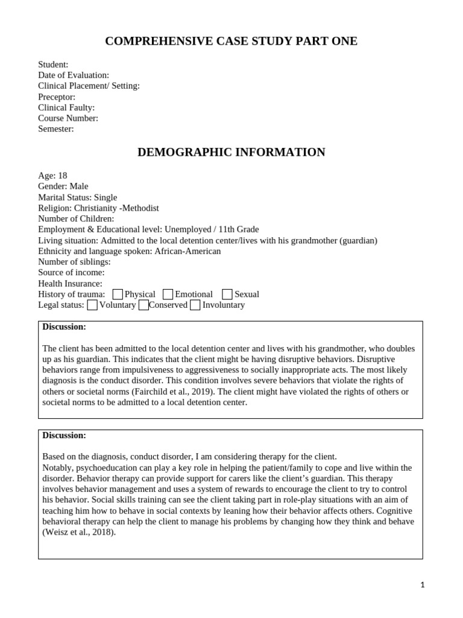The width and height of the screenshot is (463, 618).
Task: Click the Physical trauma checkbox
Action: click(x=118, y=295)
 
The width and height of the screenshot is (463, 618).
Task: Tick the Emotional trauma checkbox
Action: click(x=168, y=295)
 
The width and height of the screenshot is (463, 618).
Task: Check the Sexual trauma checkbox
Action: click(x=227, y=295)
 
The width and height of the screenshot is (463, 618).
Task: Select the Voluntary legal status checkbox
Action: click(x=92, y=305)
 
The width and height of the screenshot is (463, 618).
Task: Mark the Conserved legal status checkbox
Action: click(x=143, y=305)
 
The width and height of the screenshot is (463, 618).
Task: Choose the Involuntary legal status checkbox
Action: click(x=195, y=305)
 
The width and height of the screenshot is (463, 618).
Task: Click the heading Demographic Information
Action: click(x=231, y=152)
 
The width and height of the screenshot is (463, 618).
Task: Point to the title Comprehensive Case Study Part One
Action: click(x=231, y=41)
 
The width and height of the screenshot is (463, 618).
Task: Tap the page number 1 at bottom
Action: click(x=423, y=585)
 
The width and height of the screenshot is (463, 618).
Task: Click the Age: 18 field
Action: click(x=52, y=175)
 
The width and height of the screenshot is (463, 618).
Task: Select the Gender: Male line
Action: click(x=63, y=186)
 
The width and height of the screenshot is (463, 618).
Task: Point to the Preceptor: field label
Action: click(x=57, y=97)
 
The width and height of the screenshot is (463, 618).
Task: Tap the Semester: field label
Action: click(x=56, y=129)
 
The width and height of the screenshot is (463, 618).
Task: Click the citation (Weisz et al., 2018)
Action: click(x=78, y=532)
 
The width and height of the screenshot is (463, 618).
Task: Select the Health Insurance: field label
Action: click(x=70, y=284)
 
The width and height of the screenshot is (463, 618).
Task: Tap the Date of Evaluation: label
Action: click(x=74, y=75)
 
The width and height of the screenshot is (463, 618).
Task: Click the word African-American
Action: click(x=187, y=251)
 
